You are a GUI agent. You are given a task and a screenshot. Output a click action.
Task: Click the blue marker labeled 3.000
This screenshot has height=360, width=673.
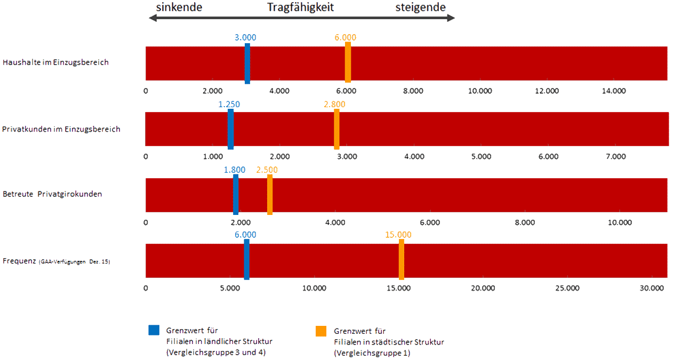247,63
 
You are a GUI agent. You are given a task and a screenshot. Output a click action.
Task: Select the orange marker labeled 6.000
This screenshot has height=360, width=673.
348,62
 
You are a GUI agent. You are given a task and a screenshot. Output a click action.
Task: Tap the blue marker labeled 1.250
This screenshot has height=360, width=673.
230,129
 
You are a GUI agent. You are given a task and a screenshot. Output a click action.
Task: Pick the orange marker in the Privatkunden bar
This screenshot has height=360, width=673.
337,129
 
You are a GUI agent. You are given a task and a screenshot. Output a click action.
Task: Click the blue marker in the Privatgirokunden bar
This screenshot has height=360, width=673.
236,194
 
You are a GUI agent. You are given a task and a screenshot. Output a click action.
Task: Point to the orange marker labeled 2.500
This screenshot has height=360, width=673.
270,194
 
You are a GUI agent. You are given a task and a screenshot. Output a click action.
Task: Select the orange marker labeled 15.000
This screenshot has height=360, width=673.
401,259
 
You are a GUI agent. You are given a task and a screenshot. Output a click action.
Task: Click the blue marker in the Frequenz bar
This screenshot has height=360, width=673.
246,259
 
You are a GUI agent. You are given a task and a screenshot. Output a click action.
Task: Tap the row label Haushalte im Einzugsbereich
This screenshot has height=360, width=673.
55,62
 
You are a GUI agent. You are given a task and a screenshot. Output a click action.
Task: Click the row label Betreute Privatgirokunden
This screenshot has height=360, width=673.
52,194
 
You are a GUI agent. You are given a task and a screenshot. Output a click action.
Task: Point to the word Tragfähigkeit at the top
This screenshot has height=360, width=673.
300,7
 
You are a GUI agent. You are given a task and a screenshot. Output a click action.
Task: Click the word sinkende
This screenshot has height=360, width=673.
179,7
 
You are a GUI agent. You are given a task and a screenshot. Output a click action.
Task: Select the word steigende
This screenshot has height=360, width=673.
420,7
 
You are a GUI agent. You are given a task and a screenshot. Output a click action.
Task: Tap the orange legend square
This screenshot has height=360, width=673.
321,331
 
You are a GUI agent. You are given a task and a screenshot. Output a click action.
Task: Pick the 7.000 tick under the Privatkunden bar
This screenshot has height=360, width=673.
616,157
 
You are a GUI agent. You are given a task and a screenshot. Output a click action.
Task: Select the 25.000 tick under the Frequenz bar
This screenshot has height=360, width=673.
567,289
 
